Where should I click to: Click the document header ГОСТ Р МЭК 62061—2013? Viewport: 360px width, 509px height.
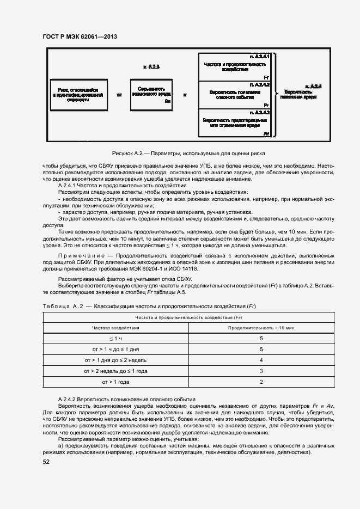80,37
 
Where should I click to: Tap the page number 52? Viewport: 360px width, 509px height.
46,462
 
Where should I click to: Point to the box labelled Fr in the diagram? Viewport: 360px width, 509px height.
234,67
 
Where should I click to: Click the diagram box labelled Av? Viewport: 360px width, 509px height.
234,123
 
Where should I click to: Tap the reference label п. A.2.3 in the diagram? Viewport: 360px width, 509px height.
151,66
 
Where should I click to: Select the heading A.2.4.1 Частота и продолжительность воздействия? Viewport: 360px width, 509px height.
123,186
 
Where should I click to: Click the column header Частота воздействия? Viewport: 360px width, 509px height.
115,328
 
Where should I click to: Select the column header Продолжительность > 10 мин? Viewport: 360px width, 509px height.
261,328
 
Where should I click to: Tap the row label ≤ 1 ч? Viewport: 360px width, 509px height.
115,339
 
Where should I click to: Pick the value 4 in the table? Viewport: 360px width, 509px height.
261,360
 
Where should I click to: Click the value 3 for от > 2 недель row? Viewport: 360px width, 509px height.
261,371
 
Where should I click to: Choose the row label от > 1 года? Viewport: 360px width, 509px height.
115,382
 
